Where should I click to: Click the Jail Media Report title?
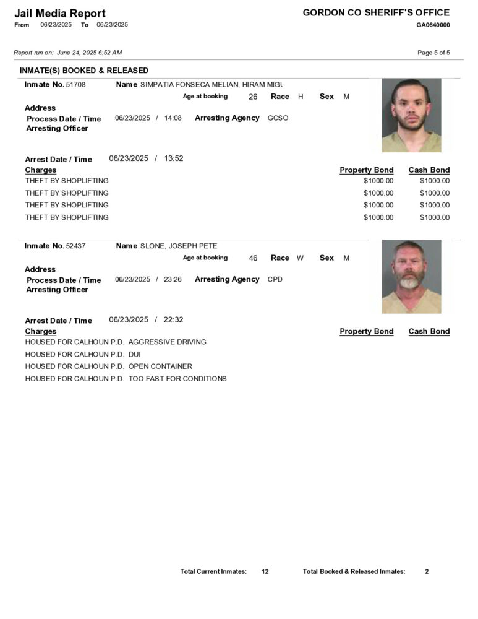(x=60, y=13)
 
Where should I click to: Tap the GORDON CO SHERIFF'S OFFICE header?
(x=376, y=12)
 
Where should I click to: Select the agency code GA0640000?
(x=433, y=25)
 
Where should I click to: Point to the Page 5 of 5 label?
(x=433, y=53)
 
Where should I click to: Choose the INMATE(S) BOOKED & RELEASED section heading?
(x=84, y=71)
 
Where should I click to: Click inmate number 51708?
(x=75, y=84)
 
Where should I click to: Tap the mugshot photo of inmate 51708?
(x=411, y=115)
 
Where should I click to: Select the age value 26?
(x=253, y=97)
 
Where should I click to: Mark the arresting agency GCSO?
(x=278, y=118)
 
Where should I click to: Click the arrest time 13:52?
(x=173, y=158)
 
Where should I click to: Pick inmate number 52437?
(x=75, y=246)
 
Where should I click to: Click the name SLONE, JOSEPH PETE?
(x=179, y=246)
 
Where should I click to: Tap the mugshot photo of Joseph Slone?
(x=411, y=276)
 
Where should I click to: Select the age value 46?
(x=253, y=258)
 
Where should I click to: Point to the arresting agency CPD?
(x=275, y=279)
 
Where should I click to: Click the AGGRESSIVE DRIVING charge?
(x=167, y=342)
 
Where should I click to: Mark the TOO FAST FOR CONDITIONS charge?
(x=177, y=379)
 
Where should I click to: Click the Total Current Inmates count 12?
(x=265, y=571)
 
